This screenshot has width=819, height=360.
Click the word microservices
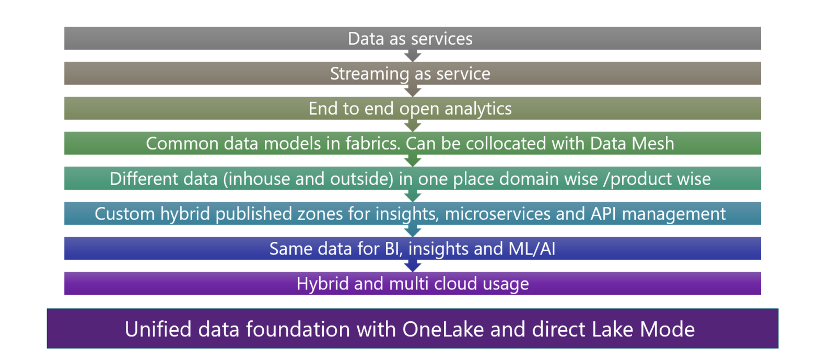point(534,214)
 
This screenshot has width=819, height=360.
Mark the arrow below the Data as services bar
point(413,55)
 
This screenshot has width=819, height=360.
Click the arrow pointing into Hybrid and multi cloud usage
point(413,265)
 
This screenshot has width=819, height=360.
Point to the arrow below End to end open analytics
point(413,125)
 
